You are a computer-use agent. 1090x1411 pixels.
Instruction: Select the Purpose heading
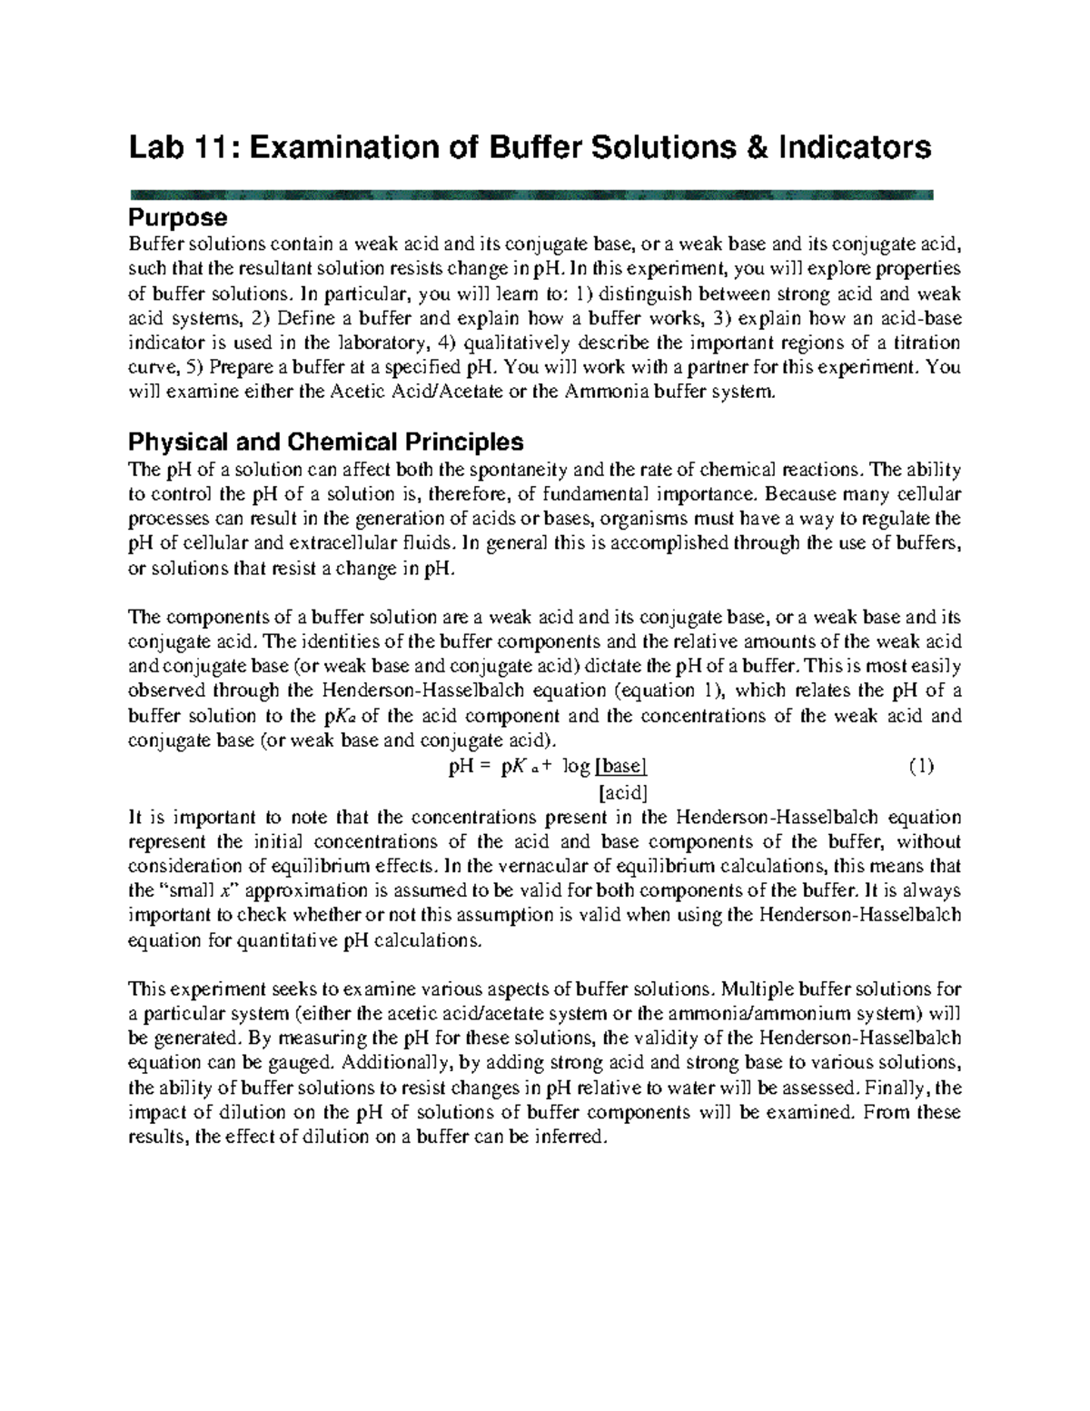click(177, 218)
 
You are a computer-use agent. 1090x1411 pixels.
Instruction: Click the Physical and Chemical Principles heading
click(326, 442)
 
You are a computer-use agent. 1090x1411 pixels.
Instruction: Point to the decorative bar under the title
click(531, 194)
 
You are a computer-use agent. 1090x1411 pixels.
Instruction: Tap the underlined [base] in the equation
click(621, 766)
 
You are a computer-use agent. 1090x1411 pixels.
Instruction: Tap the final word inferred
click(570, 1137)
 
